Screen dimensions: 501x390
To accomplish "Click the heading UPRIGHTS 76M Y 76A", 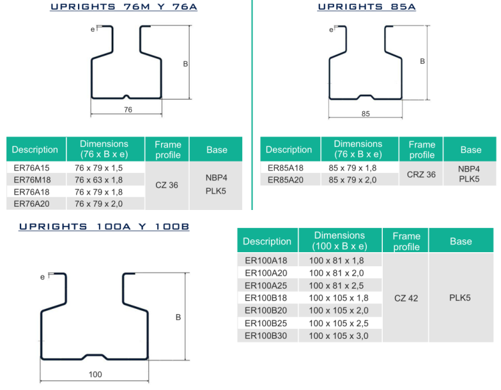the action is click(124, 6).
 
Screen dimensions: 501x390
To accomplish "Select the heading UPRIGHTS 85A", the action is click(367, 6).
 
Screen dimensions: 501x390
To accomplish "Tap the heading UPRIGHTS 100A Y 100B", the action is click(104, 227).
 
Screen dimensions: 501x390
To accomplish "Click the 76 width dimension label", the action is click(128, 110).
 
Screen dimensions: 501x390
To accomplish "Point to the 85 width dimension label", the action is click(366, 114).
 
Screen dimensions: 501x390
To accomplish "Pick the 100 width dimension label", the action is click(95, 374).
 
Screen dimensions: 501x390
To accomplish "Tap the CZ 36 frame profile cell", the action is click(167, 185).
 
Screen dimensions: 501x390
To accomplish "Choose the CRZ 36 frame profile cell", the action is click(421, 175).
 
